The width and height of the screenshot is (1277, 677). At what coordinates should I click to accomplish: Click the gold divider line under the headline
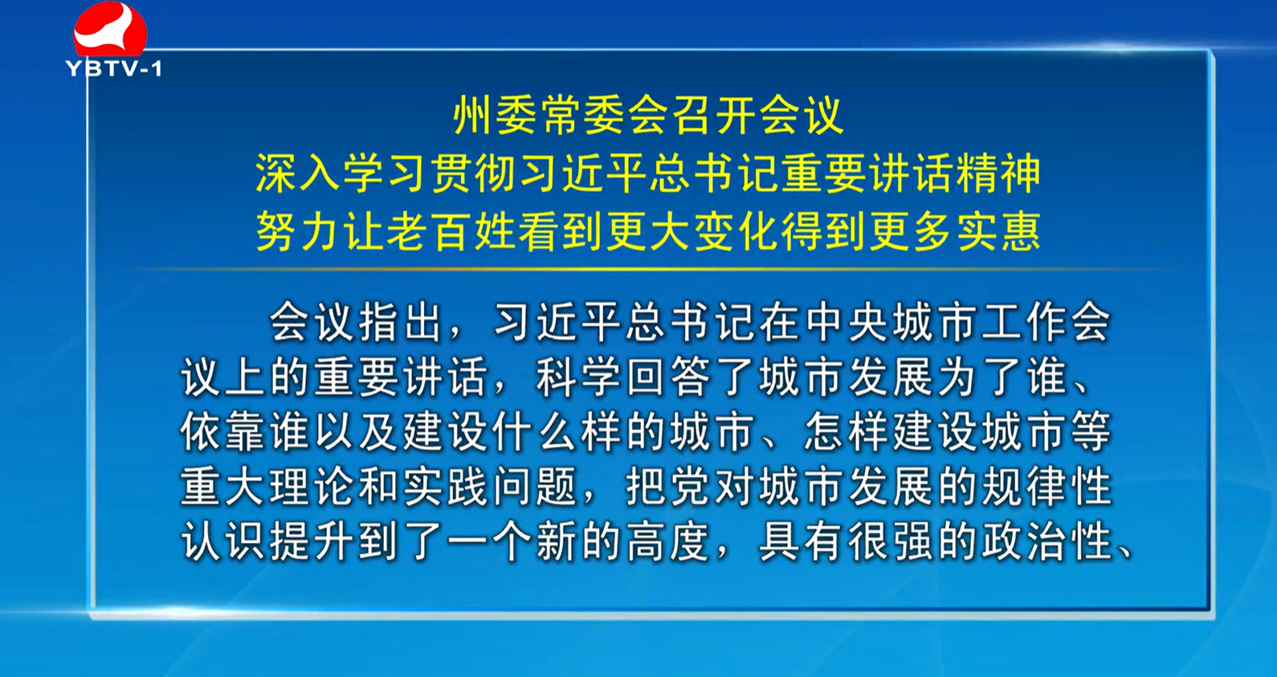point(649,269)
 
